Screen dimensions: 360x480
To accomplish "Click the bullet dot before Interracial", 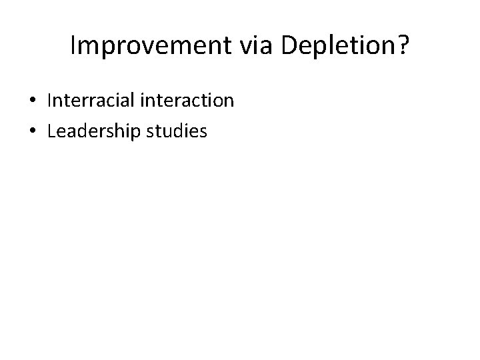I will point(32,101).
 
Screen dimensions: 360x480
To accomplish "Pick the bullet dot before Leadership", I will point(32,132).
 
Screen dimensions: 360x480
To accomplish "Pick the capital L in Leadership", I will point(51,132).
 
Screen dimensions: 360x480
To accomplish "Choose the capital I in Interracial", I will point(49,101).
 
